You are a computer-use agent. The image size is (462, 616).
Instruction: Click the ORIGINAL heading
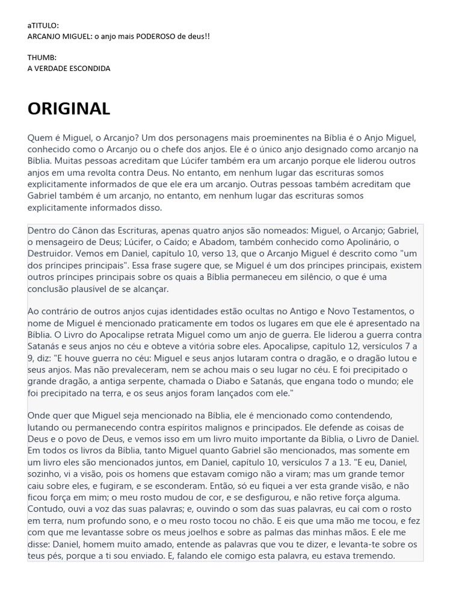69,109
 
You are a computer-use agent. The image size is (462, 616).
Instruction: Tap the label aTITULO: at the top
43,26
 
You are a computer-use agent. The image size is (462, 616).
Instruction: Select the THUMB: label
42,58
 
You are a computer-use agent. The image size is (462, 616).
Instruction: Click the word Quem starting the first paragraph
39,138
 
